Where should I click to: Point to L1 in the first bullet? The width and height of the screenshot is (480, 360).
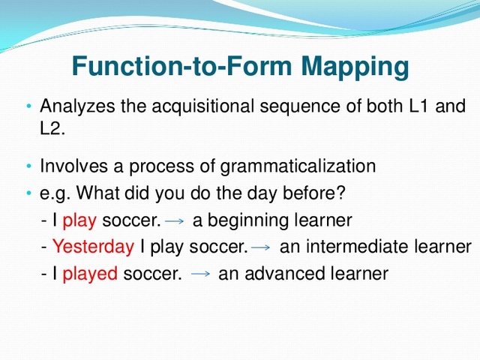tap(420, 106)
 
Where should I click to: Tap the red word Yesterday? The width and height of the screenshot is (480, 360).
tap(93, 247)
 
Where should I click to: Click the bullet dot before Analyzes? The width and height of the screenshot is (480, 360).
tap(28, 106)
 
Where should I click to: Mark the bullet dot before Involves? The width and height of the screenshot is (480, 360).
tap(28, 166)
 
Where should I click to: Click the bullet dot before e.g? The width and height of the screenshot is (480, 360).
tap(28, 193)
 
